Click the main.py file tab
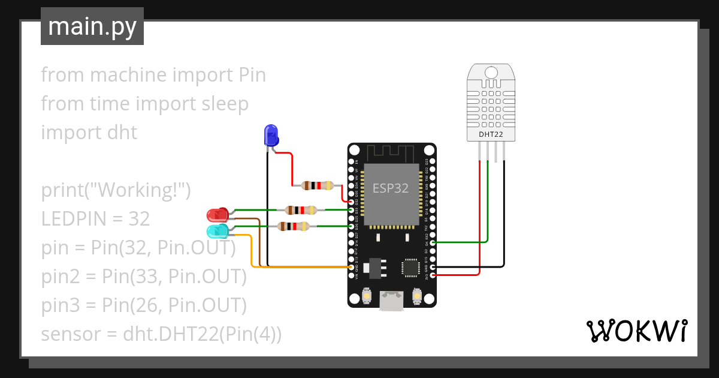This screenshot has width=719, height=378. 92,26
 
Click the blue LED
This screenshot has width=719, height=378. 271,135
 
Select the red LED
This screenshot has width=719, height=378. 217,214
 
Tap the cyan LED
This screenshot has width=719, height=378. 217,231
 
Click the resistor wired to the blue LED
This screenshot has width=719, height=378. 317,185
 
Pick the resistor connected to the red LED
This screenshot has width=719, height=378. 301,210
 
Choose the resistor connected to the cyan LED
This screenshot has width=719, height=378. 293,226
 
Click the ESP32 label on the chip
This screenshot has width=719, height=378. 390,188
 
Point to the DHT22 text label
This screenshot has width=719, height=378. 490,134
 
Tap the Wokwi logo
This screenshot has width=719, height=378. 636,331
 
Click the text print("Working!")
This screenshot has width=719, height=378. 116,190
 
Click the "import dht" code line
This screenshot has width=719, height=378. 89,133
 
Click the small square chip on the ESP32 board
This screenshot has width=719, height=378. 411,267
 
